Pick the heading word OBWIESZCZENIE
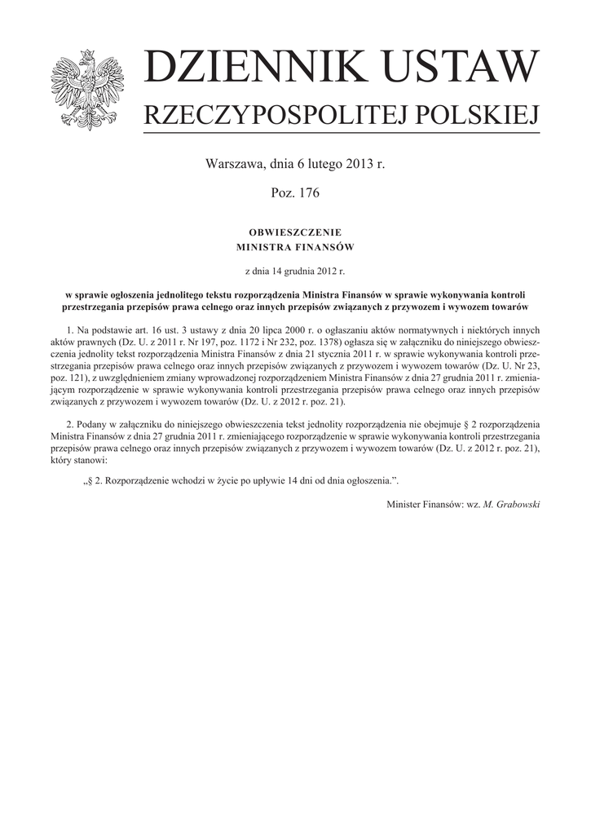pos(295,232)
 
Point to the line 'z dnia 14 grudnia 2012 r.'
pos(295,270)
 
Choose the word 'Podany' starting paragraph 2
pos(90,425)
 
